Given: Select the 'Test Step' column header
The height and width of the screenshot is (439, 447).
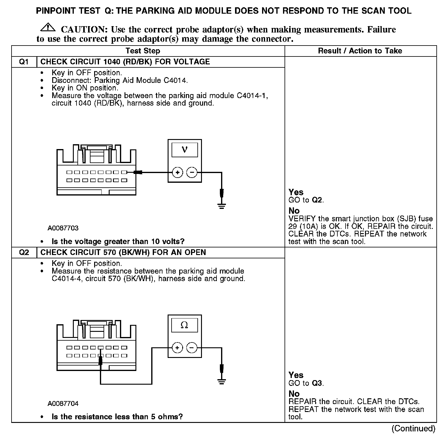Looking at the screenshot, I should point(143,51).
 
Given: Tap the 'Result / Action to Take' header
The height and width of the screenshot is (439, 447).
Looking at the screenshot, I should point(360,51).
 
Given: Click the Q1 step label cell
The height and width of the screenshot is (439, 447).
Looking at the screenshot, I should point(24,62).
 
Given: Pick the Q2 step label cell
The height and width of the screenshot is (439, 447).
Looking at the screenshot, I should point(24,252).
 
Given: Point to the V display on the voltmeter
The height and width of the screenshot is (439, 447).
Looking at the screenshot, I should point(184,150).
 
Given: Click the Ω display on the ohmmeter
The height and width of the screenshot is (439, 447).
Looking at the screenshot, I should point(184,325).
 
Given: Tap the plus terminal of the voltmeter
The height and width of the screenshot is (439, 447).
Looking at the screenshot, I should point(177,173).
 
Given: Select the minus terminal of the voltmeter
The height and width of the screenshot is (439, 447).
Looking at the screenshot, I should point(192,173).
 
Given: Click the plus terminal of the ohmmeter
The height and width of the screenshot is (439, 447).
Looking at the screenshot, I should point(177,348).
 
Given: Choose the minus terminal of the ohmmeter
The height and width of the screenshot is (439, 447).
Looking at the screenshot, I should point(192,348).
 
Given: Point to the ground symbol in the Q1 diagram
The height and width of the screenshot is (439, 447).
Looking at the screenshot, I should point(222,206).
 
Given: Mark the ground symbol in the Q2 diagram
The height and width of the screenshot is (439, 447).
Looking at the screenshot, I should point(222,381).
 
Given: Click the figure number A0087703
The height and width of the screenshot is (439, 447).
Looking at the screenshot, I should point(63,228).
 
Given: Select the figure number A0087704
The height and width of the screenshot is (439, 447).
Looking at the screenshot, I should point(63,403).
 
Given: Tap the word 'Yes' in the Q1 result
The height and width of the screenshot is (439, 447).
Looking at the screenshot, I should point(296,192).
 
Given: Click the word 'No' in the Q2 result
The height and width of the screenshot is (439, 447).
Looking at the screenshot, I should point(294,394).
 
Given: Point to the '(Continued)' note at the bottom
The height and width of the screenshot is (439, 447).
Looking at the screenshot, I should point(413,428).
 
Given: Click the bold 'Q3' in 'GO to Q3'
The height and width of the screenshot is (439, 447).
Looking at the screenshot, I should point(317,383).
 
